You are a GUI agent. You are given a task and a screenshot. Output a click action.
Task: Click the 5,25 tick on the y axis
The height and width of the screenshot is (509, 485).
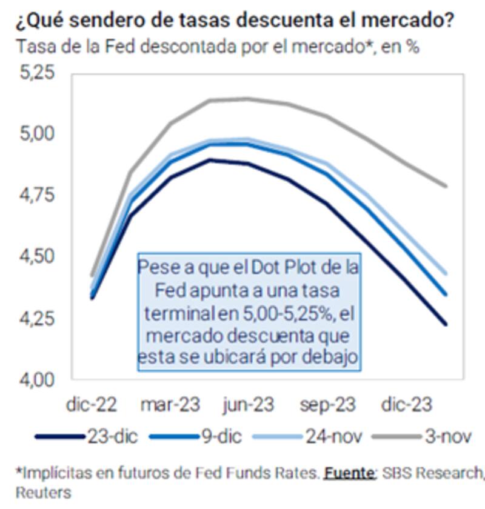coord(37,73)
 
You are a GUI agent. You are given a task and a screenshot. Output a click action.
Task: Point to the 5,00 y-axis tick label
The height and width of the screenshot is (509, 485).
coord(37,133)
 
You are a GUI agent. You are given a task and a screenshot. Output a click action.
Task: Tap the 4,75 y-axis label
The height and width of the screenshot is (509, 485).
coord(37,195)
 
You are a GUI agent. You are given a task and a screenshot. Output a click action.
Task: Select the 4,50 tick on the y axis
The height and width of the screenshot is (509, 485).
coord(37,257)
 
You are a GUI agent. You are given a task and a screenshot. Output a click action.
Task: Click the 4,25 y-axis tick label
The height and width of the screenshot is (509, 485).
coord(37,319)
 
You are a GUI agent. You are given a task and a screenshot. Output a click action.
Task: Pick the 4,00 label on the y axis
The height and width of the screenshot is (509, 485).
coord(37,379)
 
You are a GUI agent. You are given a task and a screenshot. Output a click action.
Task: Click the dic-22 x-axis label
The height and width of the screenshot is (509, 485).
coord(92,405)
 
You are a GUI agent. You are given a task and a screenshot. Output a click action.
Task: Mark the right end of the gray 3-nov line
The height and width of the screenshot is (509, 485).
coord(446,186)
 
